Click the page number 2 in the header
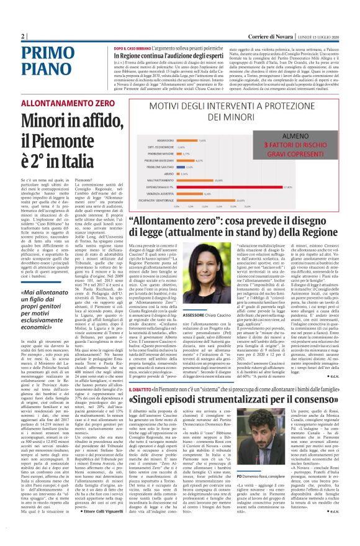click(23, 35)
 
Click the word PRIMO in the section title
click(47, 52)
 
